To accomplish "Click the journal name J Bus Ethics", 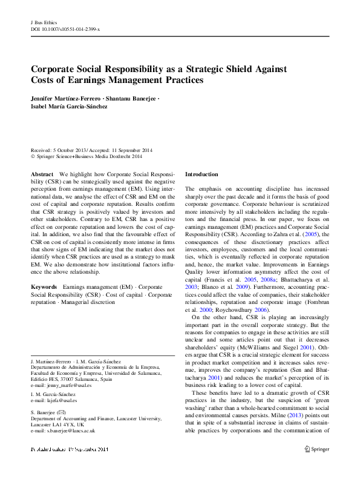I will point(44,22).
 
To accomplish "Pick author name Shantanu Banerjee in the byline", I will point(130,98).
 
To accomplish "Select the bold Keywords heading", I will point(44,286).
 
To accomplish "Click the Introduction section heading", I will point(203,174).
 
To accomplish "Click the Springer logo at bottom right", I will point(318,449).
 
